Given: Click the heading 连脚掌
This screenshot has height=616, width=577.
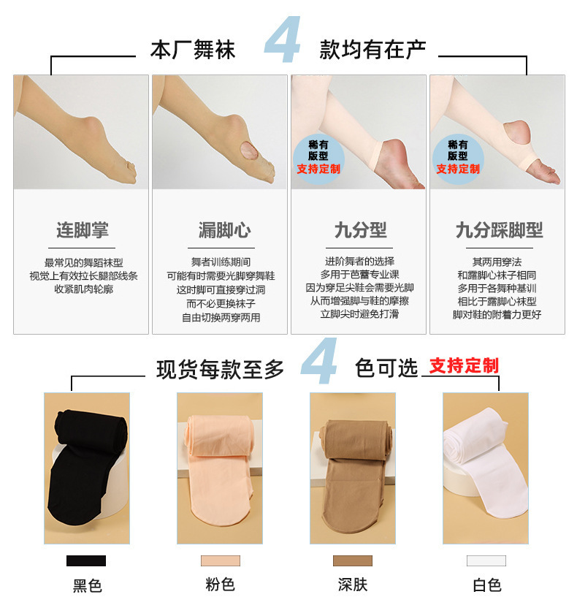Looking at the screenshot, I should click(82, 230).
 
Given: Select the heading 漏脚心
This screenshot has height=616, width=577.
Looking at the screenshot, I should click(223, 230).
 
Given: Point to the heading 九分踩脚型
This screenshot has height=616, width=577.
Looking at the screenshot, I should click(499, 230).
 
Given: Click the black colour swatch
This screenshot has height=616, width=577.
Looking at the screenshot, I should click(86, 560).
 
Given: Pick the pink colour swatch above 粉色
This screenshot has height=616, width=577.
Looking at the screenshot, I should click(220, 560).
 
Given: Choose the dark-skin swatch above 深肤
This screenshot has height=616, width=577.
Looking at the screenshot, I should click(352, 560).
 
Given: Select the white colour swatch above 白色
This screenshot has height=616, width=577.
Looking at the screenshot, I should click(486, 560).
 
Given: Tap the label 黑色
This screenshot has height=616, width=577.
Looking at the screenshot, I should click(87, 585).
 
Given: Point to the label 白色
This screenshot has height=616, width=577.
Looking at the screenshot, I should click(486, 585).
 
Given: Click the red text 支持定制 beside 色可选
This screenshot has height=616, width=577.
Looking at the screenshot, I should click(463, 365).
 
